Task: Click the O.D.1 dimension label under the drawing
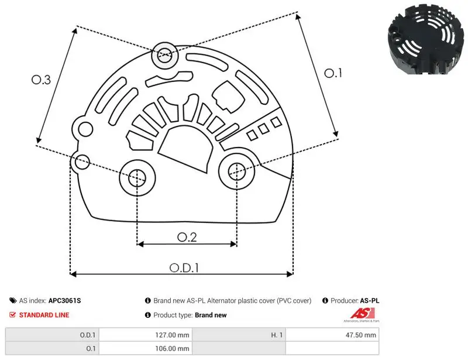(x=184, y=268)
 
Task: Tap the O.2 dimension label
(x=187, y=237)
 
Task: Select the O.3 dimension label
(x=41, y=80)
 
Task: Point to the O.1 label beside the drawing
(x=333, y=73)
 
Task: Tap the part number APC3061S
(x=64, y=300)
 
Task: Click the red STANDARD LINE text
(x=44, y=315)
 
